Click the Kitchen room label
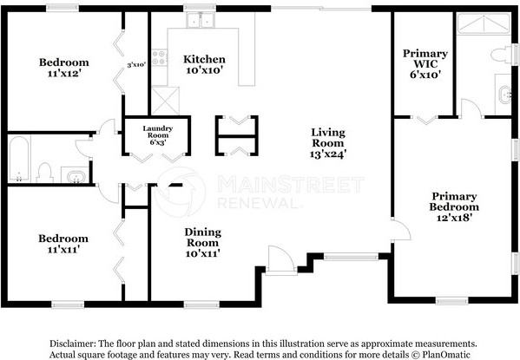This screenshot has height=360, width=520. (204, 65)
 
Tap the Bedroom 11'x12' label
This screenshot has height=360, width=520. (64, 68)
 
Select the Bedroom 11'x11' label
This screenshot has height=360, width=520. (63, 244)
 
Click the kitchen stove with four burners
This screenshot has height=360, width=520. (159, 58)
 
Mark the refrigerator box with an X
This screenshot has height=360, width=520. (160, 96)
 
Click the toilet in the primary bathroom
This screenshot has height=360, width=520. (499, 56)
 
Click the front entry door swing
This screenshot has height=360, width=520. (280, 259)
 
